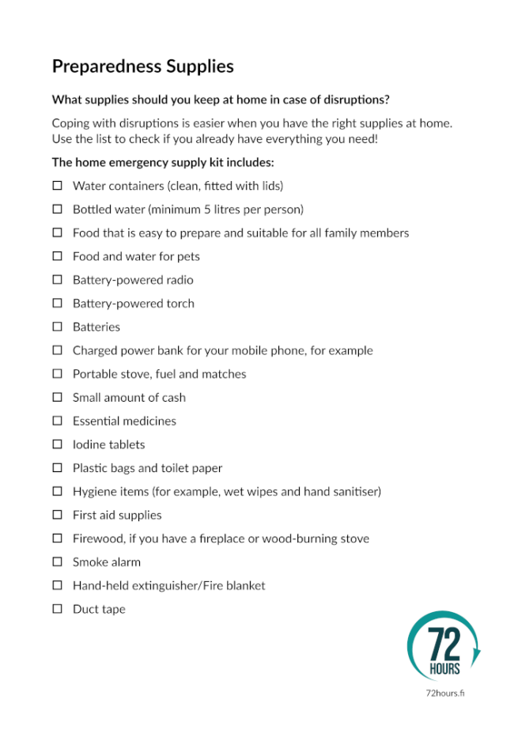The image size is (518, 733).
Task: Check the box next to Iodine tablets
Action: click(57, 444)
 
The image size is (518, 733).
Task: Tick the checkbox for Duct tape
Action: click(57, 609)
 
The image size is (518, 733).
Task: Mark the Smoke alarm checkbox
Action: click(57, 561)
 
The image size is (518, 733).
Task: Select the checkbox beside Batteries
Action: click(57, 327)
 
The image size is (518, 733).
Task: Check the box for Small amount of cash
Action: click(57, 397)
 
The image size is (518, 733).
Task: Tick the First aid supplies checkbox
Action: click(57, 515)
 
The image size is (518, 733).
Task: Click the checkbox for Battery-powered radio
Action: click(57, 280)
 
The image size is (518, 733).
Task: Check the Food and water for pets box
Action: click(57, 256)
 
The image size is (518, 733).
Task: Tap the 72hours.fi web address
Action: click(444, 693)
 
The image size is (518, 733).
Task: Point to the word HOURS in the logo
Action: click(444, 670)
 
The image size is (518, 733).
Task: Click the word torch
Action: click(180, 304)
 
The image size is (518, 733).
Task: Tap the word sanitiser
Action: click(354, 492)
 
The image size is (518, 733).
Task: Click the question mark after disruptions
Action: click(387, 100)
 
